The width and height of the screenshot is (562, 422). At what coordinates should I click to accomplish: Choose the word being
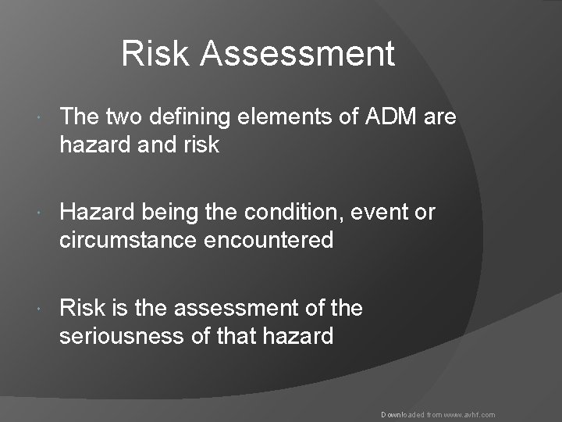(x=169, y=213)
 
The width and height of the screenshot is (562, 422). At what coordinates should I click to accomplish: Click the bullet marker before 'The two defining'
(x=41, y=118)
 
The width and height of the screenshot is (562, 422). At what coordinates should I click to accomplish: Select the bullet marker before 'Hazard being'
(x=41, y=213)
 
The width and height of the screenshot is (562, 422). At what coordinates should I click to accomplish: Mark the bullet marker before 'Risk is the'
(x=41, y=309)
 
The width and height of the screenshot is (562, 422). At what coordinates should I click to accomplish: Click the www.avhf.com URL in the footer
(x=469, y=415)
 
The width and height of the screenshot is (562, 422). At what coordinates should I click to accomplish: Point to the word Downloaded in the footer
(x=401, y=415)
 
